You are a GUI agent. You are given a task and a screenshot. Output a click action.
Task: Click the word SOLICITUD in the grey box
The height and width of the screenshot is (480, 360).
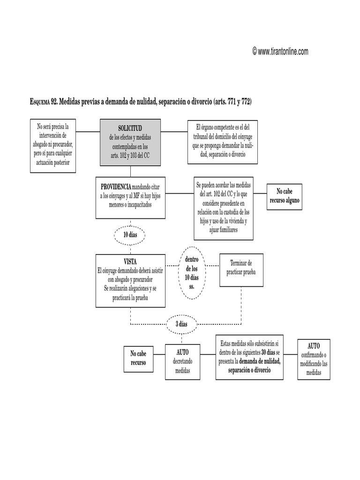[130, 128]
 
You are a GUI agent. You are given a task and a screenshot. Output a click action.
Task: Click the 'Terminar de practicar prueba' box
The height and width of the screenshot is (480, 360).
[241, 269]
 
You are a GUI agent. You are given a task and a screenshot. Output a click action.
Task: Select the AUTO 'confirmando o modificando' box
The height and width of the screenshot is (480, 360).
[314, 359]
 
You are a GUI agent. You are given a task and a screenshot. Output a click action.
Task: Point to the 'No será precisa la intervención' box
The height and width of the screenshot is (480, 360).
[52, 145]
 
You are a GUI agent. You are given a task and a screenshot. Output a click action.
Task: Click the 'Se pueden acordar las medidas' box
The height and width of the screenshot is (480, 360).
[224, 208]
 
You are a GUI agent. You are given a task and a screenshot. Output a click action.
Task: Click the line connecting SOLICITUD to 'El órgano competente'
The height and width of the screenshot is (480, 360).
[174, 132]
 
